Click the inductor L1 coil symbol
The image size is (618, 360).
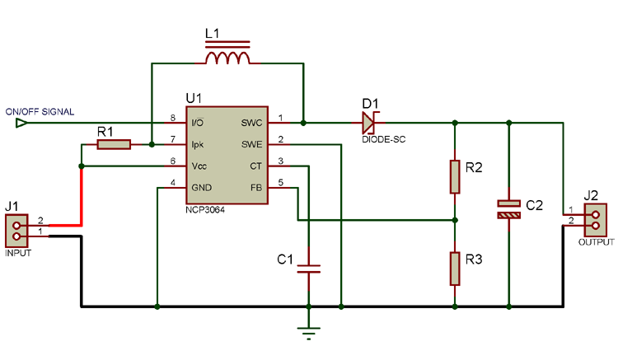(227, 58)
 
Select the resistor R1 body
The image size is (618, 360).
(114, 145)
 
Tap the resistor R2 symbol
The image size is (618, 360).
(454, 175)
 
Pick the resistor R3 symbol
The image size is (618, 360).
(454, 267)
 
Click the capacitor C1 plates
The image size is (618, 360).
(309, 269)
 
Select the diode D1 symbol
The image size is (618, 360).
(368, 124)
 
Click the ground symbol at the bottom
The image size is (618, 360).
(309, 331)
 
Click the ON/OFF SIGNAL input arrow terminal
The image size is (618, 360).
(21, 124)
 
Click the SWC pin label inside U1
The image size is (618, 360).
(251, 124)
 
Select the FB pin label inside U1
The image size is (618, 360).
(255, 187)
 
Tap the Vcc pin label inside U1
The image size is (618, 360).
(199, 166)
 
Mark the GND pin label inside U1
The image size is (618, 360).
(201, 187)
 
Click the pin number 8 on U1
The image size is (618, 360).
(173, 118)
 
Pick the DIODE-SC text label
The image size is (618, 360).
(384, 140)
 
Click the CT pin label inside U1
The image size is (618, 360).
(255, 166)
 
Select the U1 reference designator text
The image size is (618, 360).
(194, 98)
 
